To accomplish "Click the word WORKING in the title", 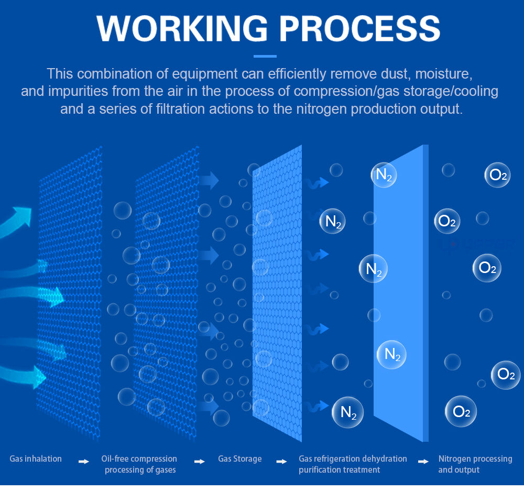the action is (x=182, y=29).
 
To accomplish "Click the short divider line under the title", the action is (x=265, y=56).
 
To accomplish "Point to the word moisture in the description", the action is (x=444, y=74).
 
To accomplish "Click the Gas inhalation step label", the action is (x=36, y=459).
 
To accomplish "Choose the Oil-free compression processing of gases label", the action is (x=139, y=464).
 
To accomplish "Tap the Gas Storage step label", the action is (x=239, y=459).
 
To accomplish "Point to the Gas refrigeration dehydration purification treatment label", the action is (x=353, y=464).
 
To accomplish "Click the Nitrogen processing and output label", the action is (x=475, y=464).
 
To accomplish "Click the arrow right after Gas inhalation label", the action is (x=83, y=462).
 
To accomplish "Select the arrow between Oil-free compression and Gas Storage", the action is (x=200, y=462).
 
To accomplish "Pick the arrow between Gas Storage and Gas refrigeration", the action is (x=282, y=462).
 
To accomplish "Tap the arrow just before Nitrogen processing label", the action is (x=423, y=462).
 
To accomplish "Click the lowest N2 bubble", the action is (x=347, y=412).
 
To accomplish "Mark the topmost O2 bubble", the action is (x=498, y=175).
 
